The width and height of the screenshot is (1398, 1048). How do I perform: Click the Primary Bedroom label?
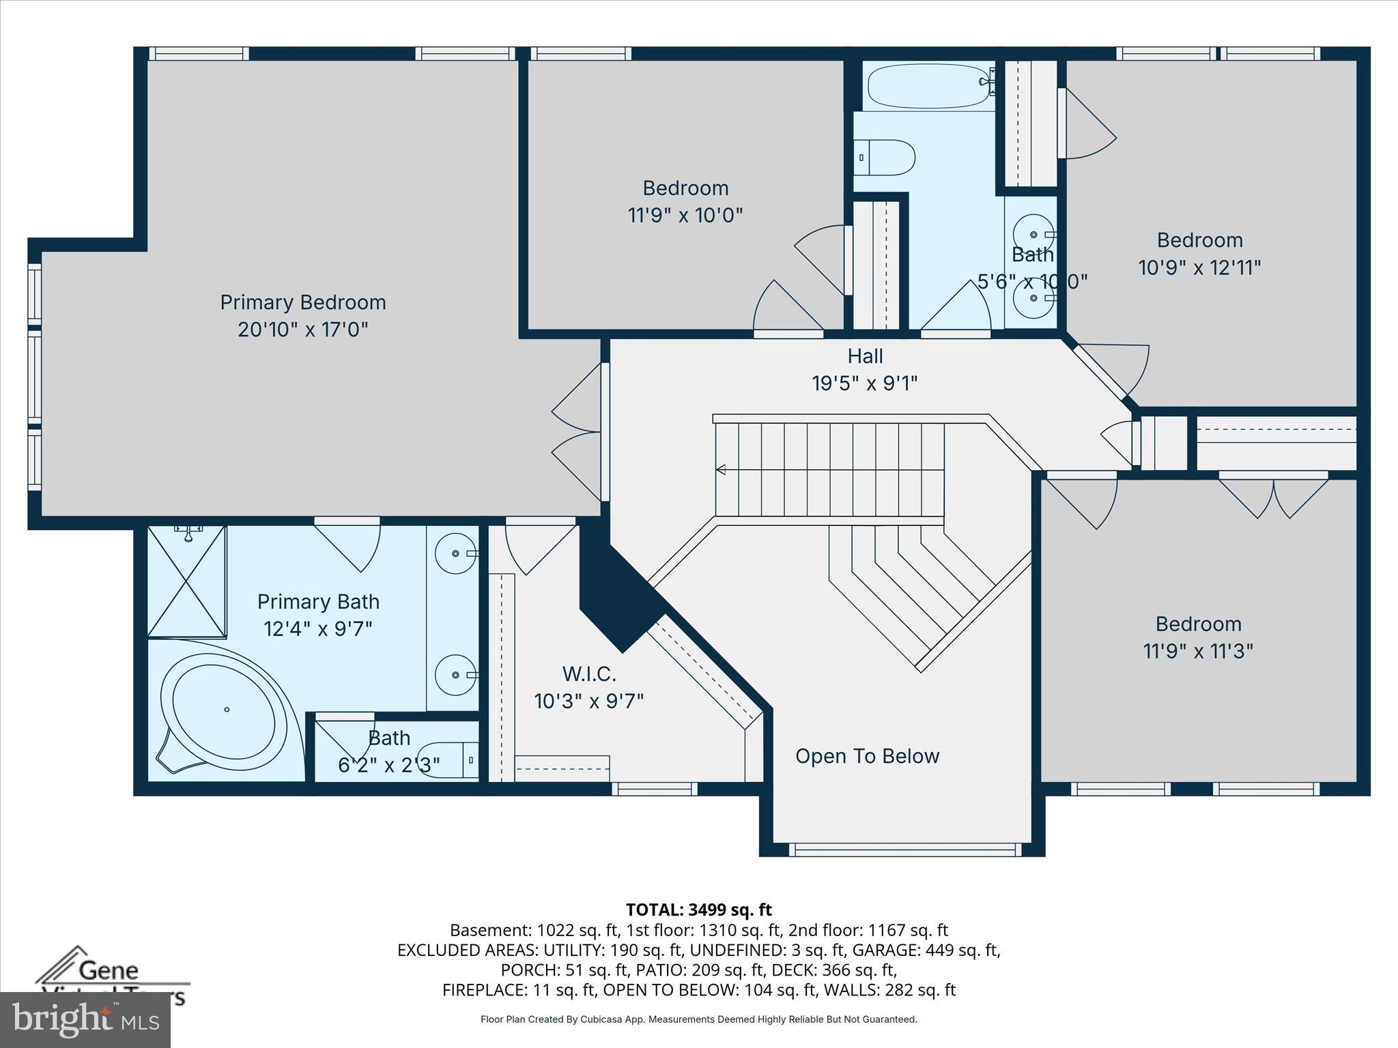302,302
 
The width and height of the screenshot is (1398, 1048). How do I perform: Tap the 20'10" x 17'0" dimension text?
302,330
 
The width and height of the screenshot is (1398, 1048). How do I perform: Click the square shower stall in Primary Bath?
187,581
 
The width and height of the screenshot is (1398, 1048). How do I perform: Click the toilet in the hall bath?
885,158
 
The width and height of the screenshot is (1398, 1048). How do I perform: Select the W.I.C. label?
589,674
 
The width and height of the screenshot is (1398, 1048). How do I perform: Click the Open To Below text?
867,756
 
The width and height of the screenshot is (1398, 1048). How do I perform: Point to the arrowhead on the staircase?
721,469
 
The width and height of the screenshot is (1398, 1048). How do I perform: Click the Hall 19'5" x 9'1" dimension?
864,383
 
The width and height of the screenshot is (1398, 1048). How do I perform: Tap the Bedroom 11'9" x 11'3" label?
1198,637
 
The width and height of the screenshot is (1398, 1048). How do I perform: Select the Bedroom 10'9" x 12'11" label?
1199,254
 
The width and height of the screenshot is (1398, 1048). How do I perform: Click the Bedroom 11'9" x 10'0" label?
685,201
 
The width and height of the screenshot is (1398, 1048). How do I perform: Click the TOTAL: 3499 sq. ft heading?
698,909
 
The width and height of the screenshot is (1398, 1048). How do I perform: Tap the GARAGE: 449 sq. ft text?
942,950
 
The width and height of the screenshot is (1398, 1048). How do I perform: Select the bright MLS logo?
85,1019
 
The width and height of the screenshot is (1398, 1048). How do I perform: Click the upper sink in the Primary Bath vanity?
455,553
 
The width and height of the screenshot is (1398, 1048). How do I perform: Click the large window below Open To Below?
905,849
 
